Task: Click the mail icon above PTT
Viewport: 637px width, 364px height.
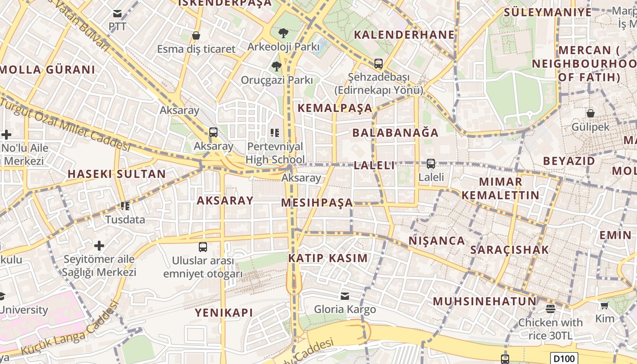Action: tap(118, 14)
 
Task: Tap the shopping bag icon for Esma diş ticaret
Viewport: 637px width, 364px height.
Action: tap(196, 35)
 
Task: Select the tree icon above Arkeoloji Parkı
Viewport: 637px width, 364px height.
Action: tap(283, 33)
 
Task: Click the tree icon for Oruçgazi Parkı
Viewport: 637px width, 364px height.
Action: tap(276, 66)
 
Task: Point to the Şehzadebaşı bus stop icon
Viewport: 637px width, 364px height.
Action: tap(379, 64)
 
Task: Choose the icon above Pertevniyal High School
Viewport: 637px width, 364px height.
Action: tap(275, 133)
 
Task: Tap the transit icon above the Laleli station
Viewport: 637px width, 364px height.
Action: tap(430, 164)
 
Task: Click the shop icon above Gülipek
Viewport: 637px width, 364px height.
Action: tap(590, 113)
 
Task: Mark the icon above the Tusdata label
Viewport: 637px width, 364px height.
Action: tap(125, 206)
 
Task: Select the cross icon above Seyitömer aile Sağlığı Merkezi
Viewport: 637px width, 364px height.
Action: tap(99, 246)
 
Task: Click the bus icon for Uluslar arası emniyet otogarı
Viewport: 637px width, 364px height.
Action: tap(203, 247)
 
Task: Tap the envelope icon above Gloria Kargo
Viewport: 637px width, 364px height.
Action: tap(345, 296)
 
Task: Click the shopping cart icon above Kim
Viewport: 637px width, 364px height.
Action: tap(604, 305)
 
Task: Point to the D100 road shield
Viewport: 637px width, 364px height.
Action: tap(564, 358)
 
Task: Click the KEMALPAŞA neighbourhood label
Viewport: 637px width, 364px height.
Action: tap(334, 108)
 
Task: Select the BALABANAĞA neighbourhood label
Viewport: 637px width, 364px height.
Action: tap(395, 133)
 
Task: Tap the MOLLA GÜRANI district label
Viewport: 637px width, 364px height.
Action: tap(48, 70)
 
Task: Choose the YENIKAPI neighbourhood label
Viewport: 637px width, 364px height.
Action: tap(223, 313)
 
